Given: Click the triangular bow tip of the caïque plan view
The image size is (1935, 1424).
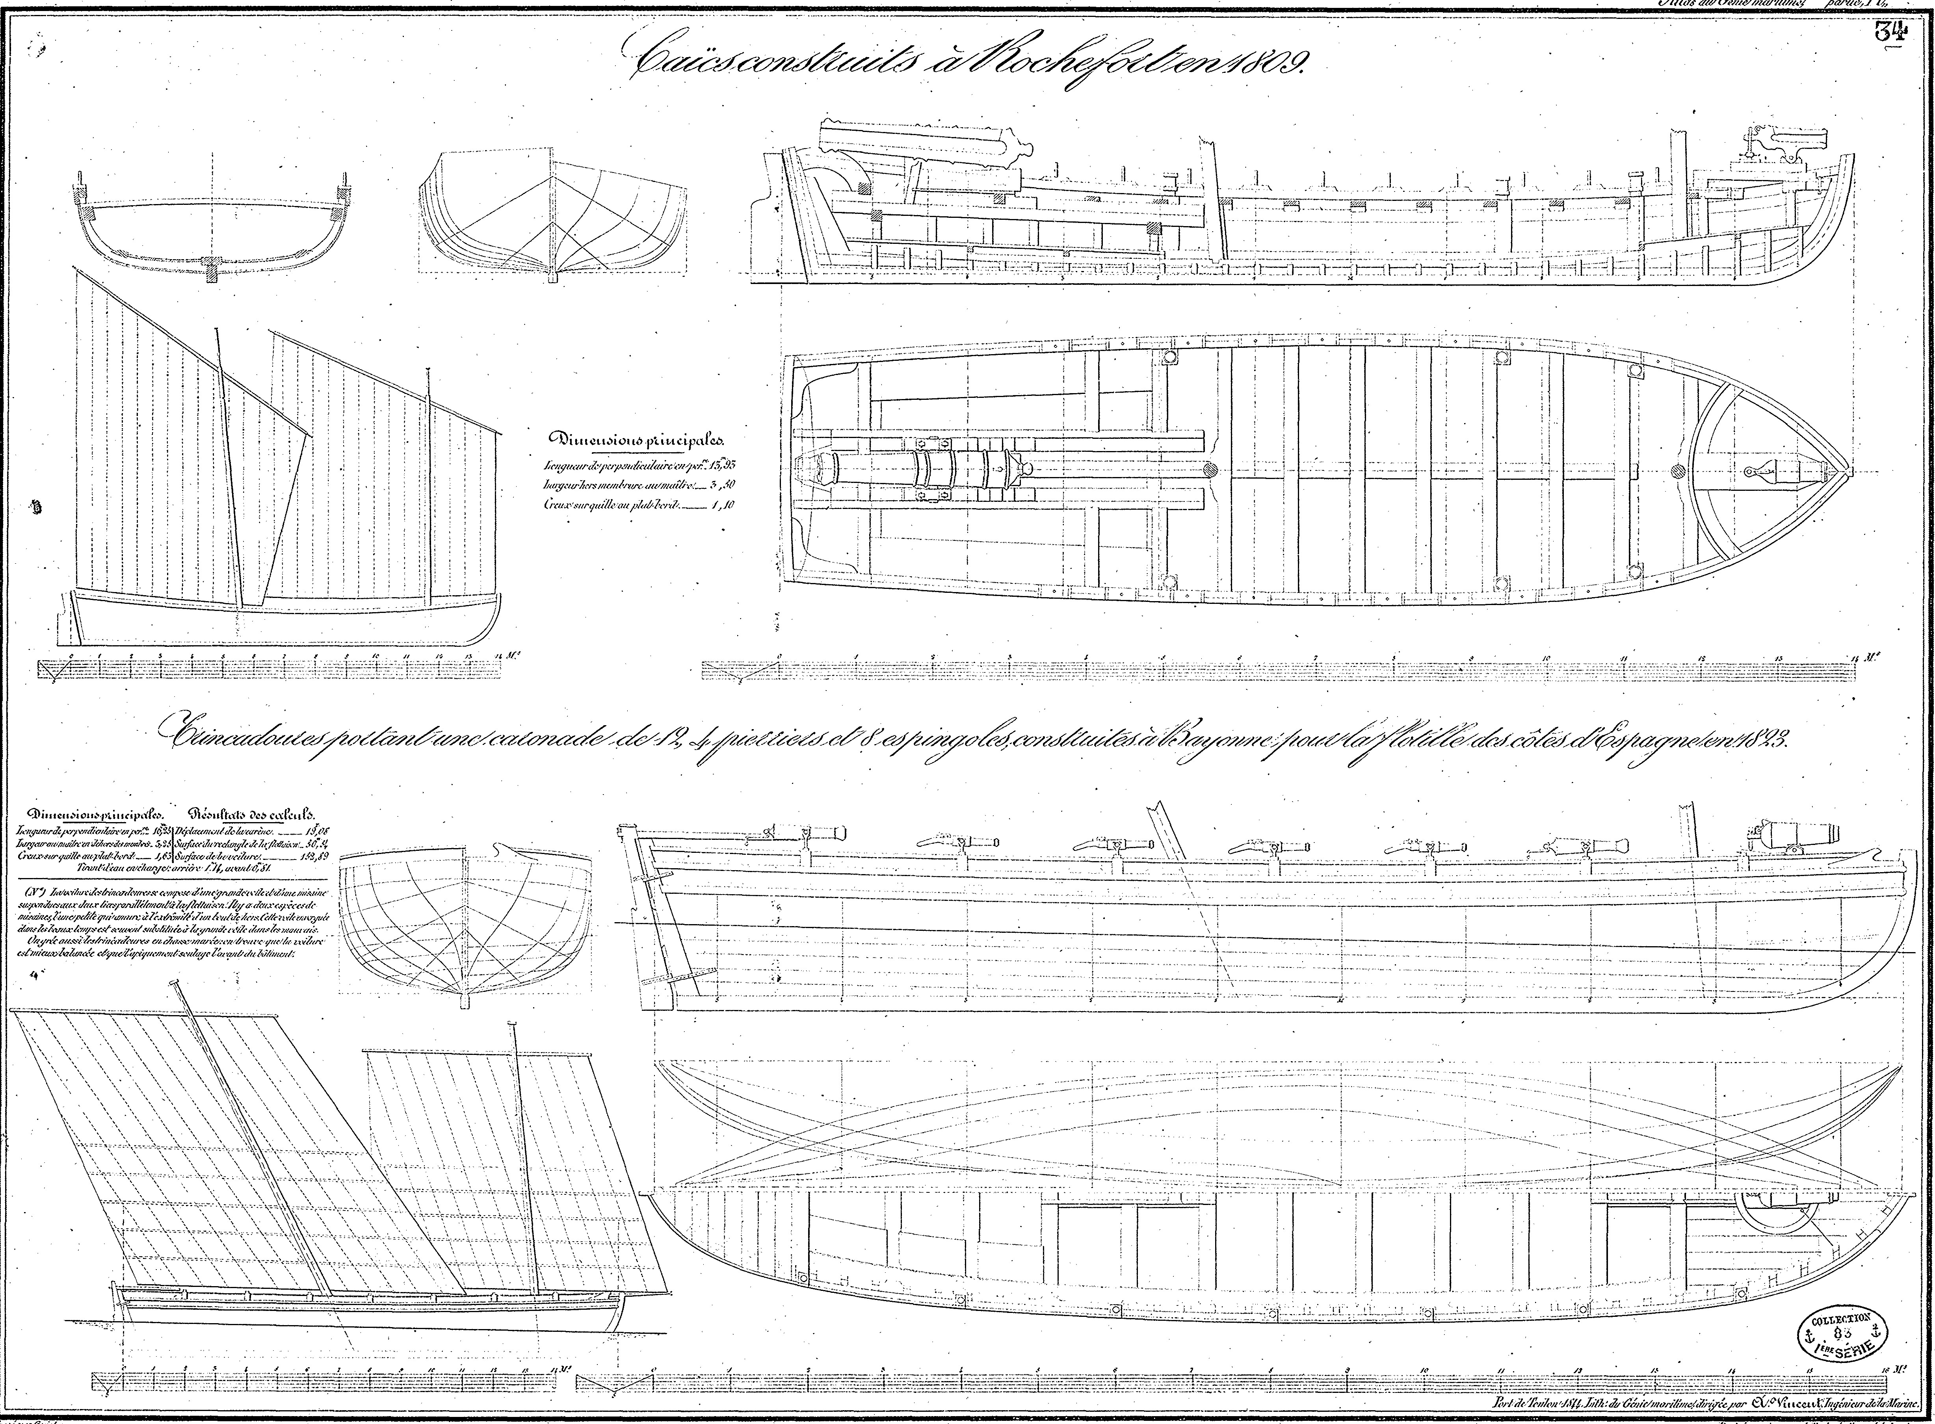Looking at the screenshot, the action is tap(1837, 470).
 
